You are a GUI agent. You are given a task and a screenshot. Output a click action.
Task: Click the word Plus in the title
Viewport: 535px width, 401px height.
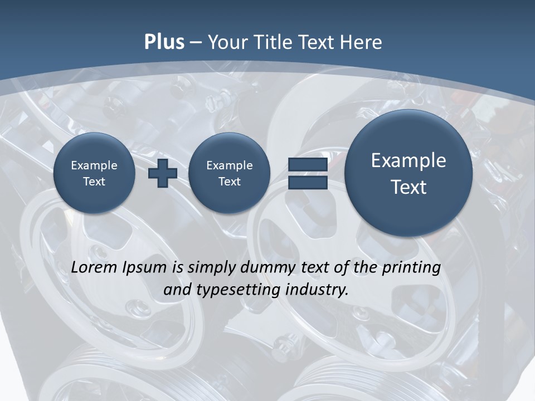point(164,42)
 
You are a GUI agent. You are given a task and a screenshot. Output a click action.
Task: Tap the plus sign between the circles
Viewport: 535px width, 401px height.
point(163,173)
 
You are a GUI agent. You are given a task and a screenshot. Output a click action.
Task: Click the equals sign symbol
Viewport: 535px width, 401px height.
point(308,173)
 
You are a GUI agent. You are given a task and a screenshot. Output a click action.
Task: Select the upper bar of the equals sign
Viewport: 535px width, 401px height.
point(308,165)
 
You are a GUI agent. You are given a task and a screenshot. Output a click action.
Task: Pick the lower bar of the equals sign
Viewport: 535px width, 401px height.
point(308,183)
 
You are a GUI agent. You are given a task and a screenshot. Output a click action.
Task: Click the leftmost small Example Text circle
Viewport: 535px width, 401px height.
point(94,173)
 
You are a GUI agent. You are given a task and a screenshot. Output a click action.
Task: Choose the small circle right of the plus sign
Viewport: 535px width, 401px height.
point(229,173)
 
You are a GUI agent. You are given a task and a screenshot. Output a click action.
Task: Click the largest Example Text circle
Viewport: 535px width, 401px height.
point(408,173)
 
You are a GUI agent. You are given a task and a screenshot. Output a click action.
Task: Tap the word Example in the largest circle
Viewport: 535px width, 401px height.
point(408,160)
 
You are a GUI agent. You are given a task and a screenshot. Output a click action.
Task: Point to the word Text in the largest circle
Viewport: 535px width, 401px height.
point(408,187)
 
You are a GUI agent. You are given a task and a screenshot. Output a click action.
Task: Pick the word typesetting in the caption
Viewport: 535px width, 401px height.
point(235,290)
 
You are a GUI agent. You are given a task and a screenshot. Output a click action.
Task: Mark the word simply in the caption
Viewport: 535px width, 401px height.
point(210,268)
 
